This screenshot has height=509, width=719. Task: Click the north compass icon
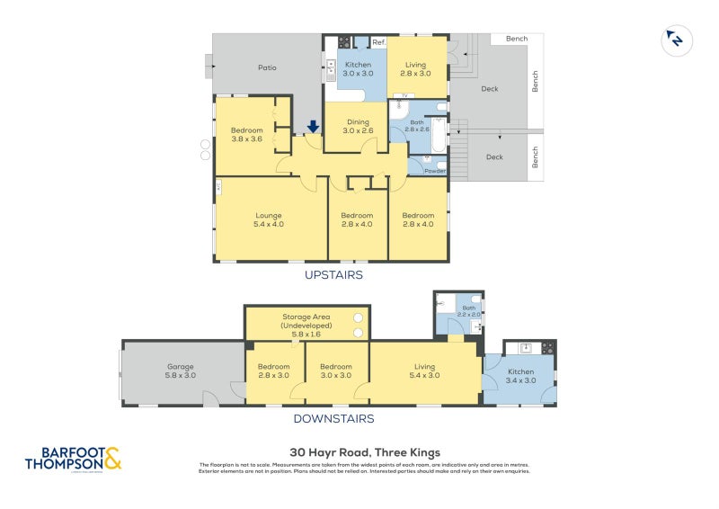click(x=673, y=39)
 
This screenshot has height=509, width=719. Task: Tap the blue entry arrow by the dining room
click(x=313, y=128)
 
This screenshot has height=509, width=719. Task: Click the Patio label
click(x=267, y=67)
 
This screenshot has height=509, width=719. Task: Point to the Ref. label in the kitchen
click(x=378, y=42)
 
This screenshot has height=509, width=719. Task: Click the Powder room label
click(x=435, y=170)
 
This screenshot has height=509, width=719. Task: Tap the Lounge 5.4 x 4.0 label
click(x=270, y=219)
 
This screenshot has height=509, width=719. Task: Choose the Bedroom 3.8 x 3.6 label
click(x=246, y=135)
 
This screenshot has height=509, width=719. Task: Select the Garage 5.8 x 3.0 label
click(x=181, y=371)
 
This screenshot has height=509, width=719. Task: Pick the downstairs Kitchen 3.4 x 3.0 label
click(x=520, y=376)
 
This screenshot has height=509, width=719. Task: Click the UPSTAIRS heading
click(x=333, y=274)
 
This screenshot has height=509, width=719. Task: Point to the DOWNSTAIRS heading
click(x=333, y=418)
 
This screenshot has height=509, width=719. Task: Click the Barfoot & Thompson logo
click(x=73, y=459)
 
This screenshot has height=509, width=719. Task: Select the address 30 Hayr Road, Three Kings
click(x=364, y=452)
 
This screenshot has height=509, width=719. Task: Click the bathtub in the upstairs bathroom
click(x=439, y=135)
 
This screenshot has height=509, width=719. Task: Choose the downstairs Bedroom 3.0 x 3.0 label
click(x=336, y=371)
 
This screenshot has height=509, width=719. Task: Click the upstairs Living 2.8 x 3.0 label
click(x=416, y=68)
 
